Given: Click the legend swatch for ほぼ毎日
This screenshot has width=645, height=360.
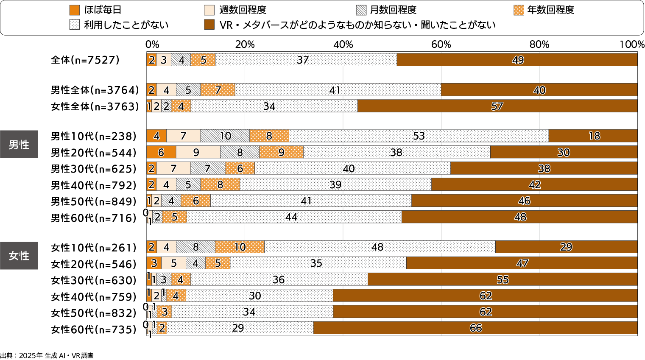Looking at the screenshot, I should [x=74, y=10].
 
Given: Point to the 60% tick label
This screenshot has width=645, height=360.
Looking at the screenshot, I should [x=441, y=45].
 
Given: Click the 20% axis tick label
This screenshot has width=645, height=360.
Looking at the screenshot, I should [x=245, y=45].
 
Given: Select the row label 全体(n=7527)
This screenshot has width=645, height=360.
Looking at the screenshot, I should [x=85, y=60].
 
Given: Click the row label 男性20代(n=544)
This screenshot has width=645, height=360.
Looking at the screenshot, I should [x=94, y=153].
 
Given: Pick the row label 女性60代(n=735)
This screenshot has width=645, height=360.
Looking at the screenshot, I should [x=94, y=329].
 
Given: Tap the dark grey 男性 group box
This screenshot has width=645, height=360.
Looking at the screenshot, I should [x=19, y=145].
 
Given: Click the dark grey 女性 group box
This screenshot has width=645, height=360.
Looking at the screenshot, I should [x=19, y=256].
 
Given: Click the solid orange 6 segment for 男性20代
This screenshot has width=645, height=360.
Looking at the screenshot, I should [x=161, y=152].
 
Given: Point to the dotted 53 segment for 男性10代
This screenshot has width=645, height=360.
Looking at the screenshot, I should [x=419, y=136].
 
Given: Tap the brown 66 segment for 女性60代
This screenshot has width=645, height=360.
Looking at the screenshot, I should [x=475, y=328].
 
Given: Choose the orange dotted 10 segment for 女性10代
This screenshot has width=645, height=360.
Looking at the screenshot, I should [x=240, y=247].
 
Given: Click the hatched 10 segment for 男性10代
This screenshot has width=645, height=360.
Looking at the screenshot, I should [x=225, y=136].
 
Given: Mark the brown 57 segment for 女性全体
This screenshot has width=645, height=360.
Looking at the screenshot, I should [x=497, y=106].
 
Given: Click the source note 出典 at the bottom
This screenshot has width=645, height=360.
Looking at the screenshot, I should [x=47, y=356].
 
